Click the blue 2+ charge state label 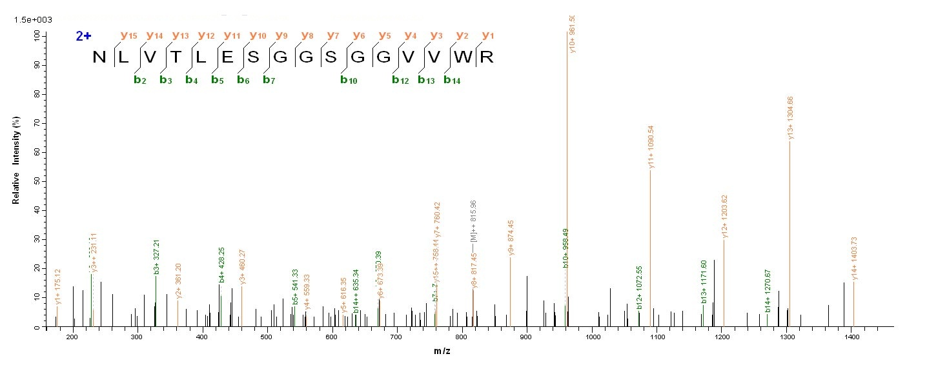[x=83, y=36]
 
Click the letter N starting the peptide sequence [x=99, y=57]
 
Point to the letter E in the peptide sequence [x=228, y=57]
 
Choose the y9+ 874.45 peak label [x=511, y=238]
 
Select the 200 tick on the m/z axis [x=72, y=337]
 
